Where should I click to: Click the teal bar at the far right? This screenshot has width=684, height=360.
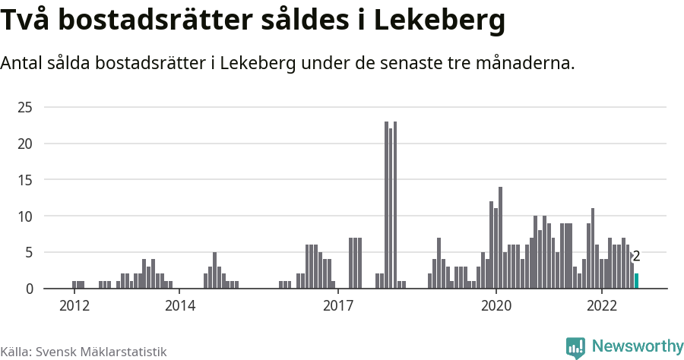636,281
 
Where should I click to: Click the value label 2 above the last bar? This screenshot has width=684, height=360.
636,257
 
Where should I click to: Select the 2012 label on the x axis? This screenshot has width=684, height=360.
74,306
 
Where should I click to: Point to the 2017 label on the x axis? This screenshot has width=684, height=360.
337,306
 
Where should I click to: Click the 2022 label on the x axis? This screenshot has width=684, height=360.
601,306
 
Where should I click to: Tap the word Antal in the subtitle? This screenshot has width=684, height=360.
25,64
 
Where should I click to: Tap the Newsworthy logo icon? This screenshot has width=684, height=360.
575,347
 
